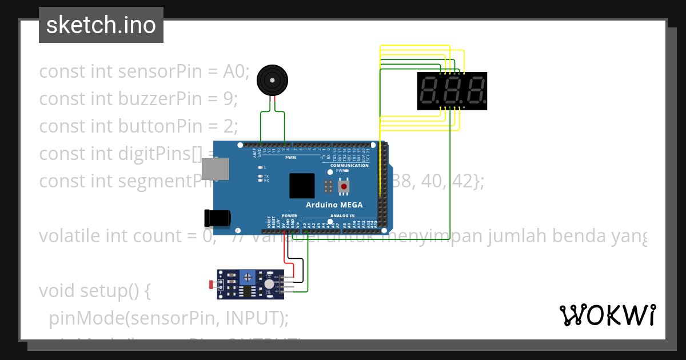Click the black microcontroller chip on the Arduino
(302, 186)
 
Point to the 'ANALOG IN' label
(342, 216)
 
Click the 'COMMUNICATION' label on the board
(349, 166)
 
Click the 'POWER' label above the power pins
(289, 216)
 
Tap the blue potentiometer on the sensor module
(248, 277)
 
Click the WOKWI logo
(607, 315)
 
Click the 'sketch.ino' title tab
(101, 25)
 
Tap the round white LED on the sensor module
(269, 284)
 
